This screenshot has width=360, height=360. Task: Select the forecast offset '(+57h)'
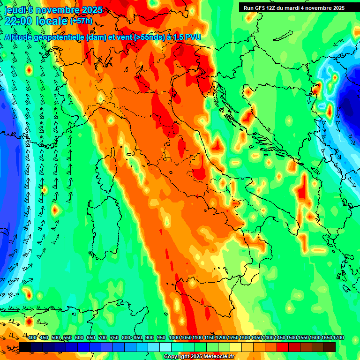(81, 21)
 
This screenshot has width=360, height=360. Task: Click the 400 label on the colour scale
(32, 338)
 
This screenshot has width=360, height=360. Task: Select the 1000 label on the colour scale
(174, 338)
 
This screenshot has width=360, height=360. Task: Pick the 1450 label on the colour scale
(280, 338)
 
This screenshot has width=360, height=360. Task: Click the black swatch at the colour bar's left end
(25, 347)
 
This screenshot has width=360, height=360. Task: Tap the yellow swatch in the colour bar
(236, 347)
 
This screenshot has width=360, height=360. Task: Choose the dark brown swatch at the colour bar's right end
(330, 347)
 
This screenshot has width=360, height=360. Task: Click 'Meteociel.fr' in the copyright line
(217, 357)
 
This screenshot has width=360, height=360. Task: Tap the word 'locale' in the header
(51, 21)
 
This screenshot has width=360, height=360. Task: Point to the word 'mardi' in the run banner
(296, 8)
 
